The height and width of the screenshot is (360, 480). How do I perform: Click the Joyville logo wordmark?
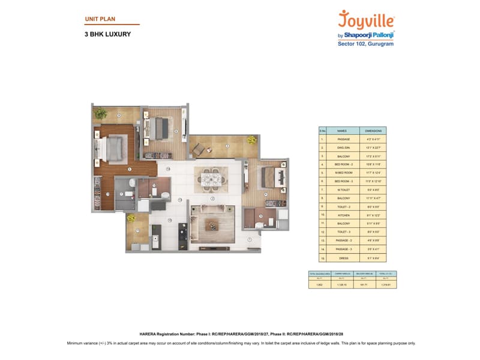[367, 19]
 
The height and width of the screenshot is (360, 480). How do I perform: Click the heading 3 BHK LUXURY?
[108, 34]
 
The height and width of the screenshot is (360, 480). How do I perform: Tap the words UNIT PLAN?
[100, 19]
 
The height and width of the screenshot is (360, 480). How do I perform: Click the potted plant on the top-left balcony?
[100, 113]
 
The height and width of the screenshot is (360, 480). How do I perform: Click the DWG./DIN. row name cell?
[342, 147]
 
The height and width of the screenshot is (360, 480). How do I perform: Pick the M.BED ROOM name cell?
[342, 172]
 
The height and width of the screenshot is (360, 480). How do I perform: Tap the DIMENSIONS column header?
[372, 130]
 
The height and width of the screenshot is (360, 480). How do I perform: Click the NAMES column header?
[342, 130]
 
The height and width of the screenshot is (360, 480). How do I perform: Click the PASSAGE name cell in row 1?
[342, 139]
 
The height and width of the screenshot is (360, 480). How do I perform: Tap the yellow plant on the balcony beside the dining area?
[251, 140]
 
